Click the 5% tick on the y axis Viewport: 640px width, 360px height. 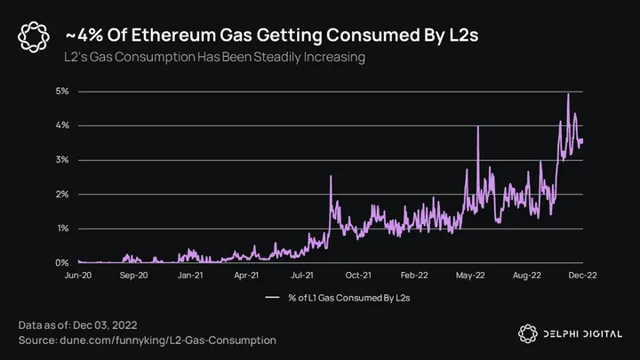tap(62, 91)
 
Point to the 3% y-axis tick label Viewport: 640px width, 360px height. tap(62, 160)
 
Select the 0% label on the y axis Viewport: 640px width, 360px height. tap(62, 263)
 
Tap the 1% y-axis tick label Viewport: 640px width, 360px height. tap(62, 228)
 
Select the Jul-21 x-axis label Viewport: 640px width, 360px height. tap(304, 276)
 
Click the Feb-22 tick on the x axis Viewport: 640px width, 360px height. tap(415, 276)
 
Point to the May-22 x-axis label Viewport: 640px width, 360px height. tap(471, 276)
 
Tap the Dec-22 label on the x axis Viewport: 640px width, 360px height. tap(582, 276)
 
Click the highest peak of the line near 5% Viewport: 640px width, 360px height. tap(568, 94)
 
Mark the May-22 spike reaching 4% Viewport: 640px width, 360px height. tap(478, 127)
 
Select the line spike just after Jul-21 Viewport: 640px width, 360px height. tap(331, 177)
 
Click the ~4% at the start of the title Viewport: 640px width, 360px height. tap(82, 35)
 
